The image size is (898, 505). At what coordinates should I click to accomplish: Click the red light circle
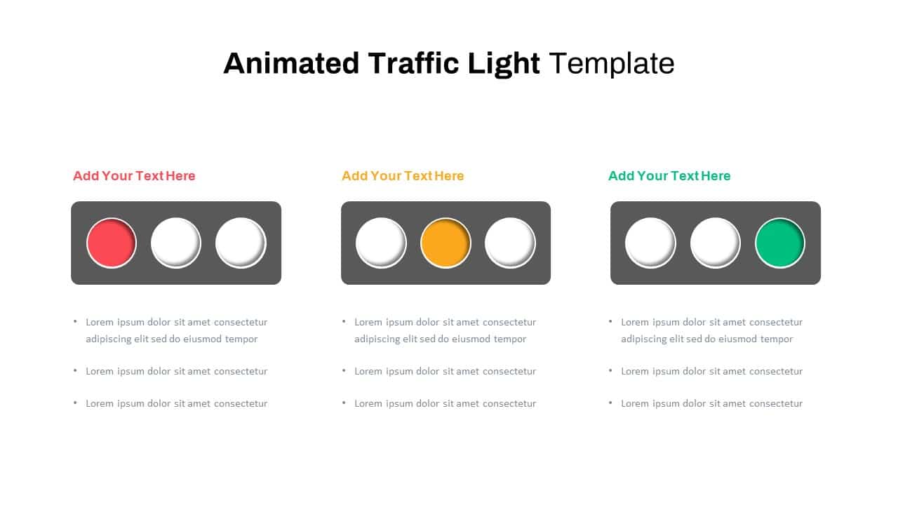pos(112,243)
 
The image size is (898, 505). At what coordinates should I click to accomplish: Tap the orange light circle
pos(445,243)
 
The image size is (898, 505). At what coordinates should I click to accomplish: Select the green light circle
pos(779,243)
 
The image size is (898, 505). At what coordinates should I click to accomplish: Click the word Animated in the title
pos(291,63)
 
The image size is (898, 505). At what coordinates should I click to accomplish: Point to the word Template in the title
pos(611,63)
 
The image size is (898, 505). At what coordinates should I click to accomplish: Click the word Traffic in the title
pos(413,63)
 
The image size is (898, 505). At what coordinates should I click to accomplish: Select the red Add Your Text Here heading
pos(134,176)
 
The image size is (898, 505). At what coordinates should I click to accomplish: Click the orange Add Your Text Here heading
pos(403,176)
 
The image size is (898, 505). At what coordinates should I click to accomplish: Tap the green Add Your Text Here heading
pos(669,176)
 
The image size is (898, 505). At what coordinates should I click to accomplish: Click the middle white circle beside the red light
pos(176,243)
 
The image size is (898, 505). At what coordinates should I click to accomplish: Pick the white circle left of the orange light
pos(381,243)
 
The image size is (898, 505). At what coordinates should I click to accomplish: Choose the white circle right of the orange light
pos(510,243)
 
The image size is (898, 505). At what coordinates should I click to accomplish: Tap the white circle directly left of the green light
pos(715,243)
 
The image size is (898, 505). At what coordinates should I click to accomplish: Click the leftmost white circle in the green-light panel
pos(650,243)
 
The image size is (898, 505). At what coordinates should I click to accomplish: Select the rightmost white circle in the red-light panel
pos(241,243)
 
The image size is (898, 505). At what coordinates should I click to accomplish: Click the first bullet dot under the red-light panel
pos(75,321)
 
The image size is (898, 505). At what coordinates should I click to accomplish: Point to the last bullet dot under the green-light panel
pos(610,403)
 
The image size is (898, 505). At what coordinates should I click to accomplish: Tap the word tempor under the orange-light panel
pos(509,339)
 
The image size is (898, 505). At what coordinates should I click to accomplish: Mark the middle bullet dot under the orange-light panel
pos(344,370)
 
